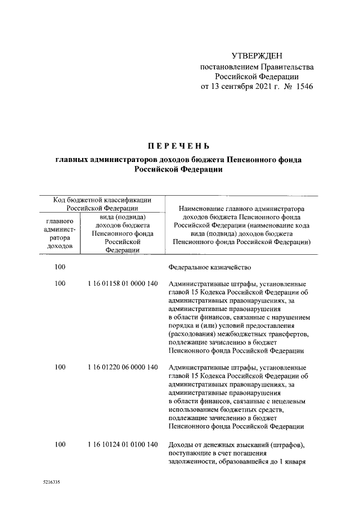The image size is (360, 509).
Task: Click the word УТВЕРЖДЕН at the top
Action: (257, 56)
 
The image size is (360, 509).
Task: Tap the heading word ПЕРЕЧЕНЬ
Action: (178, 148)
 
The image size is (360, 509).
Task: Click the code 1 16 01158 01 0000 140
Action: (122, 283)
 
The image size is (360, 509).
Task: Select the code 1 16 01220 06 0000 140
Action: (122, 367)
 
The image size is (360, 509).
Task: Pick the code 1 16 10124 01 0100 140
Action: (122, 444)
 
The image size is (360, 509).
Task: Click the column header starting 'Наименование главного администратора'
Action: (241, 208)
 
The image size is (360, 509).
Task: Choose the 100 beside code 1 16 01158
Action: (60, 283)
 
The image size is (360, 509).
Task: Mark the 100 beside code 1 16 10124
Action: (60, 444)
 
